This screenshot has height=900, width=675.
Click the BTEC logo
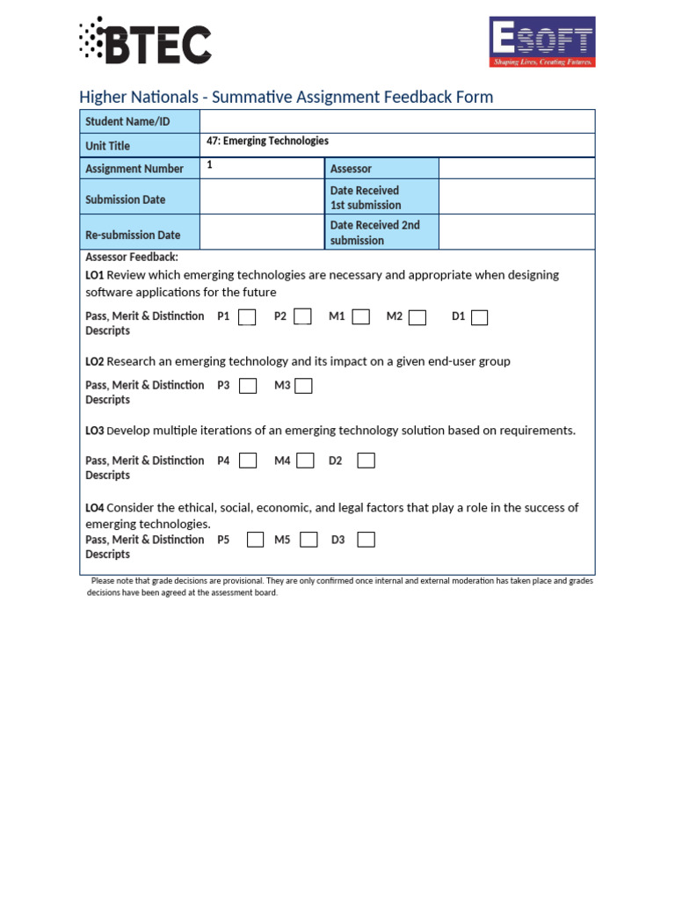pyautogui.click(x=145, y=41)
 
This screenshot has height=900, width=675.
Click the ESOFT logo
pyautogui.click(x=541, y=41)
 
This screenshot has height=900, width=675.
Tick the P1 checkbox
pyautogui.click(x=247, y=317)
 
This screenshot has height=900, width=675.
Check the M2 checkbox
pyautogui.click(x=417, y=317)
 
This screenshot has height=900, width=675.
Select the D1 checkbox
pyautogui.click(x=479, y=317)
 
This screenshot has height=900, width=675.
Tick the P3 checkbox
pyautogui.click(x=248, y=386)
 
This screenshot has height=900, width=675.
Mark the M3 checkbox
pyautogui.click(x=303, y=386)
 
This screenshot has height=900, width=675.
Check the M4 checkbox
pyautogui.click(x=305, y=461)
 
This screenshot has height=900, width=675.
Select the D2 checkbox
pyautogui.click(x=366, y=461)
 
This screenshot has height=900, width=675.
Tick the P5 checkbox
pyautogui.click(x=255, y=540)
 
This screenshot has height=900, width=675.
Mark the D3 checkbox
pyautogui.click(x=366, y=540)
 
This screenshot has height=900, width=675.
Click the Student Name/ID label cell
pyautogui.click(x=140, y=121)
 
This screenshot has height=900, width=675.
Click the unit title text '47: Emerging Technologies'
pyautogui.click(x=267, y=141)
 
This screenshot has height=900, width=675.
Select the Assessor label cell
pyautogui.click(x=381, y=169)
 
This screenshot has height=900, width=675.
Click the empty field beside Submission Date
pyautogui.click(x=262, y=197)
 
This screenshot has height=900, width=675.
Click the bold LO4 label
pyautogui.click(x=94, y=508)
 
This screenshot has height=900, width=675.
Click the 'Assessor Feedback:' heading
pyautogui.click(x=131, y=258)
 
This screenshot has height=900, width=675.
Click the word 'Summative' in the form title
pyautogui.click(x=249, y=97)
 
